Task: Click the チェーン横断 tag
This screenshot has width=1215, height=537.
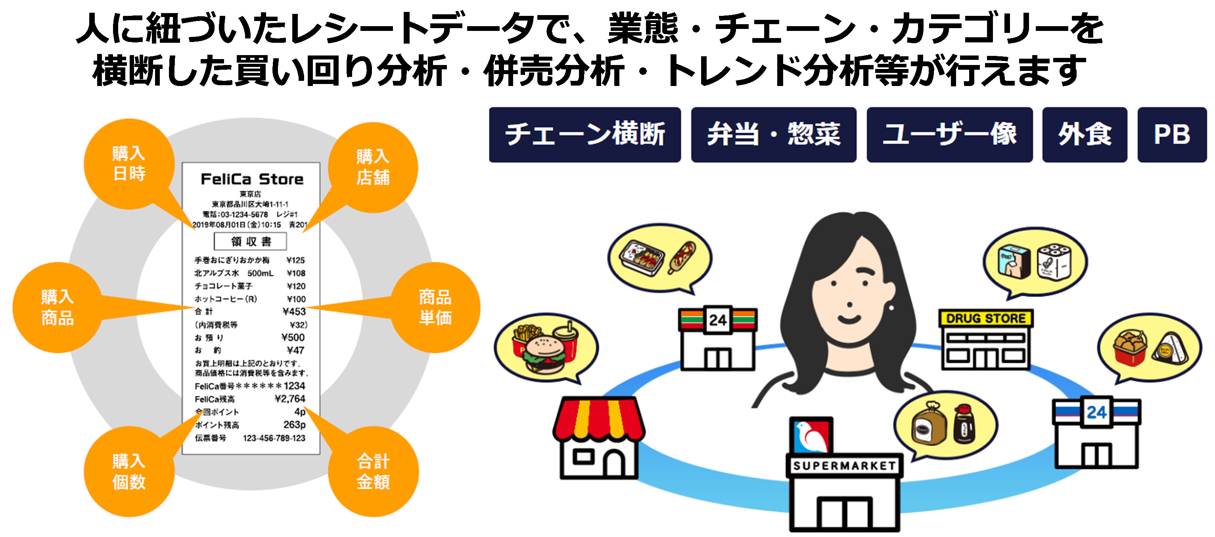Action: (585, 135)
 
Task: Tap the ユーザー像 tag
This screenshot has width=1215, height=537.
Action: (949, 135)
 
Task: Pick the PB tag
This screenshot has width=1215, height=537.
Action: (1172, 135)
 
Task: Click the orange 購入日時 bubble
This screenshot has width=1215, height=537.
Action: (129, 164)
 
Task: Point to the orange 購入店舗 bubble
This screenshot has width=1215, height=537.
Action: (373, 167)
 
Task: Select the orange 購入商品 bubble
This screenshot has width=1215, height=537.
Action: (57, 308)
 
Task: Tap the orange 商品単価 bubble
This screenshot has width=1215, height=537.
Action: (435, 308)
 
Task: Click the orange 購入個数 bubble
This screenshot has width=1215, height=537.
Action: (129, 472)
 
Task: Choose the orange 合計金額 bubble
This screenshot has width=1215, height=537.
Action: (373, 472)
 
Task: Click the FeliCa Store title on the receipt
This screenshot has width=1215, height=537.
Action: (252, 179)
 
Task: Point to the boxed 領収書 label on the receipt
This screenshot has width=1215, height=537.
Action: (251, 241)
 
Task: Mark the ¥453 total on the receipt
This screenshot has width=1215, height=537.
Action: (294, 311)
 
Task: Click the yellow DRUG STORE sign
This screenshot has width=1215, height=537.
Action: (985, 319)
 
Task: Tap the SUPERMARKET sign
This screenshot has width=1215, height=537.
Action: (844, 466)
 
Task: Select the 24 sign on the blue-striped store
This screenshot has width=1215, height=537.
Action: (1096, 413)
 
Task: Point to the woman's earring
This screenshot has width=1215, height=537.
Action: (891, 308)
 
